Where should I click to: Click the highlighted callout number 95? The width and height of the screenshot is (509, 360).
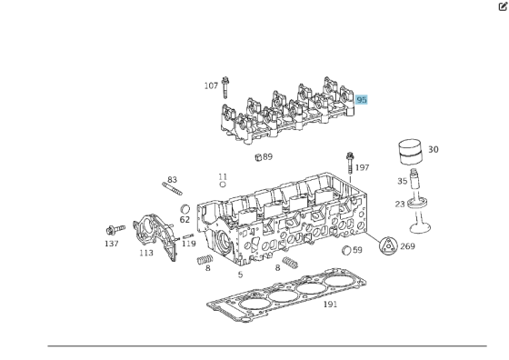click(362, 100)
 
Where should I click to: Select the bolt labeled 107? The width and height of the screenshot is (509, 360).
click(225, 87)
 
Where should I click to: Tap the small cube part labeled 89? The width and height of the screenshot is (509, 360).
click(258, 157)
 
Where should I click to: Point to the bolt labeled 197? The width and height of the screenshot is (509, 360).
click(350, 164)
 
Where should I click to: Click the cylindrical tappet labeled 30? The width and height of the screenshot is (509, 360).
click(410, 152)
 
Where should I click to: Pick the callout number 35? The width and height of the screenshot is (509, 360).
click(402, 181)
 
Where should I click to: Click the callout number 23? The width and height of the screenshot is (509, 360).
click(400, 204)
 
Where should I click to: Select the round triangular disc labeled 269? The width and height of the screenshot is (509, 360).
click(388, 246)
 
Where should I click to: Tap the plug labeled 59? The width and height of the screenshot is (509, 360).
click(346, 250)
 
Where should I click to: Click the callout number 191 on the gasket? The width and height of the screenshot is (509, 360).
click(331, 305)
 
